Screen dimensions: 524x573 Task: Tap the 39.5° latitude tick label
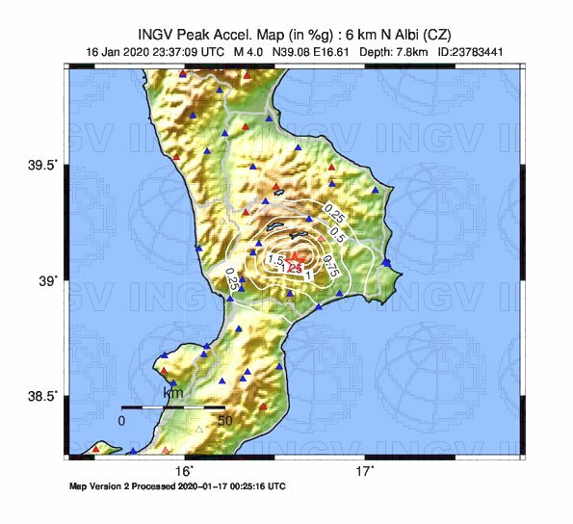point(42,166)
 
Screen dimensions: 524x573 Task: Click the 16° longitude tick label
point(185,471)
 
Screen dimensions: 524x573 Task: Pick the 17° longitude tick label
point(364,471)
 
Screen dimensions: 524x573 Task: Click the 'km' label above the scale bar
point(173,393)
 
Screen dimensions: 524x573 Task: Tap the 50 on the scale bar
point(223,420)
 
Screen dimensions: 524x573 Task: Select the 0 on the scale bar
point(122,420)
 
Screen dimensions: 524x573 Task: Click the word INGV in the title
point(165,34)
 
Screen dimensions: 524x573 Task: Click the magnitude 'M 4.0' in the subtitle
point(247,51)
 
